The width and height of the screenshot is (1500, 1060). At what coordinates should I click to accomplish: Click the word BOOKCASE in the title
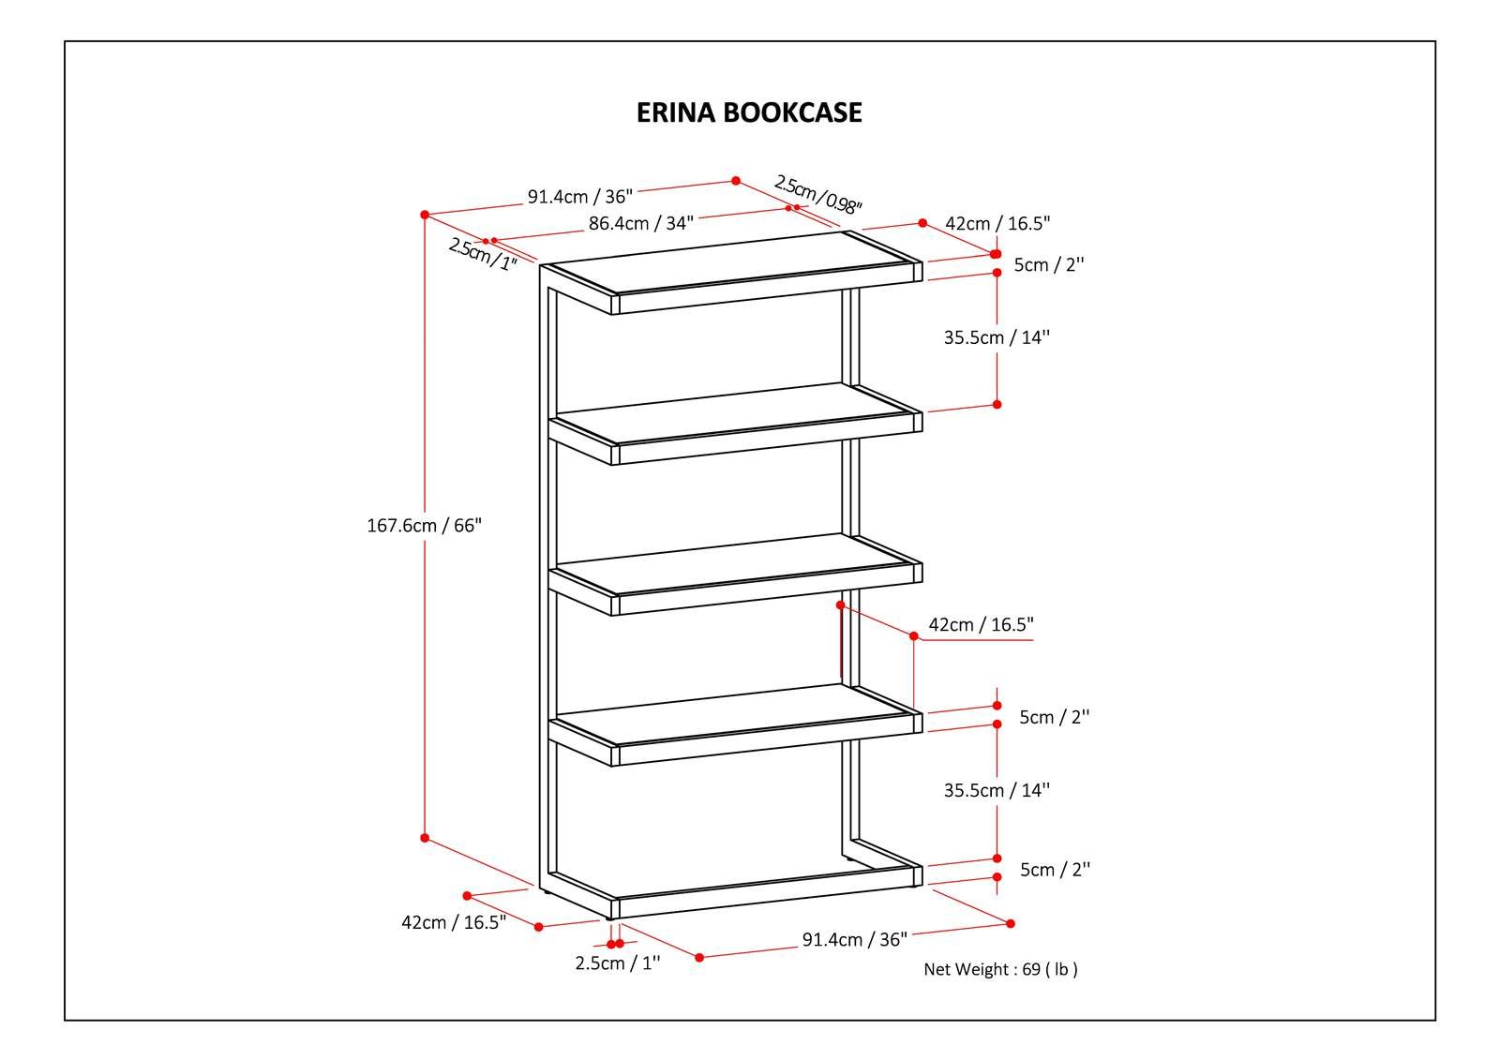(x=793, y=112)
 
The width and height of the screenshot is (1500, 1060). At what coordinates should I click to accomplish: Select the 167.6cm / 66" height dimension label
(x=424, y=526)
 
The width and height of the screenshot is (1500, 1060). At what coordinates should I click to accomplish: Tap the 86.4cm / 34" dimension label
(x=641, y=224)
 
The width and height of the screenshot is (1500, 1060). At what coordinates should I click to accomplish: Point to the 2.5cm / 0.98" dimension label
(x=817, y=195)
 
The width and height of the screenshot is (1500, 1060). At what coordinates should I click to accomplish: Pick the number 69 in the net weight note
(x=1031, y=969)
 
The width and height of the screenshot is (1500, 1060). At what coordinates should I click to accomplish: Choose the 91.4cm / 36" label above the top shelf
(x=580, y=197)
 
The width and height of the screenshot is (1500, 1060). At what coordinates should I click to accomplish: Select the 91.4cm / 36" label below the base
(x=854, y=939)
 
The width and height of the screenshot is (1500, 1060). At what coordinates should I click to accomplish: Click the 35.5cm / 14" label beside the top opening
(x=997, y=337)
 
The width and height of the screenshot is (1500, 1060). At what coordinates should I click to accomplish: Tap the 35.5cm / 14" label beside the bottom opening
(x=997, y=790)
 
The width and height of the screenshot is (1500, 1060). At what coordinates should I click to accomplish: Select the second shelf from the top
(x=735, y=424)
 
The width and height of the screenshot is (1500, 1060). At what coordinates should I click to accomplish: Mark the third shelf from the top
(x=735, y=574)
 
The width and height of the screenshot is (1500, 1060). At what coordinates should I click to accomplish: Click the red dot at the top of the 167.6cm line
(x=425, y=215)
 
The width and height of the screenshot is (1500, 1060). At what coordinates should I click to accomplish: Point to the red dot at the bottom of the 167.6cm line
(x=425, y=838)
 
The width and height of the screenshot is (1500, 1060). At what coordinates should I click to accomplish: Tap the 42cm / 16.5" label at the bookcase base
(x=454, y=923)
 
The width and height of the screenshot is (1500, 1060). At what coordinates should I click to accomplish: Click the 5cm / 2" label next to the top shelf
(x=1049, y=265)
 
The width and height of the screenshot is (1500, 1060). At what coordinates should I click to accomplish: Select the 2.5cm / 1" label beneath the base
(x=618, y=963)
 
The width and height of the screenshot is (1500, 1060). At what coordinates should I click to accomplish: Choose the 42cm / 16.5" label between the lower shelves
(x=981, y=625)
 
